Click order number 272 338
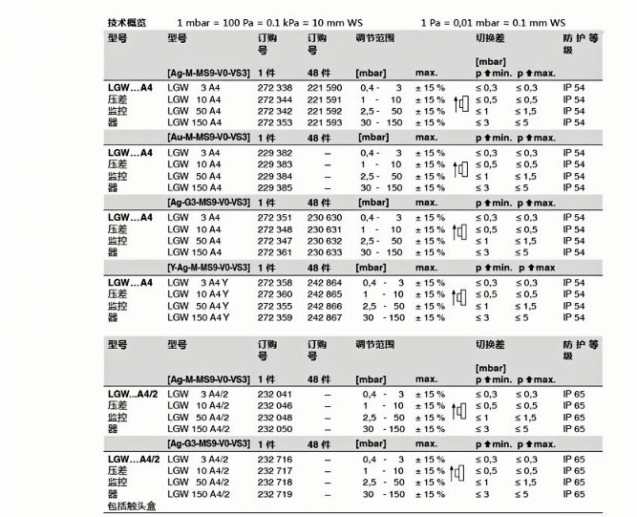(x=275, y=89)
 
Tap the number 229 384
(x=275, y=177)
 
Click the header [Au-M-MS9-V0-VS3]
(x=208, y=139)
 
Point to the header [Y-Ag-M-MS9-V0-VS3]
(x=208, y=268)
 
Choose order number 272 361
(x=275, y=251)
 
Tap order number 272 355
(x=275, y=306)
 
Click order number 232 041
(x=275, y=395)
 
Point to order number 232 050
(x=275, y=429)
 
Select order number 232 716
(x=275, y=460)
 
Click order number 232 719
(x=275, y=493)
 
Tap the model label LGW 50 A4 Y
(x=199, y=306)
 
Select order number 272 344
(x=275, y=99)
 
